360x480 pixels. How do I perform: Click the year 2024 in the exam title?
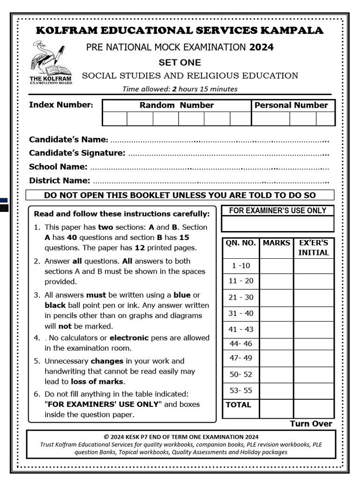click(262, 47)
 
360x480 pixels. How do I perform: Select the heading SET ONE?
click(180, 62)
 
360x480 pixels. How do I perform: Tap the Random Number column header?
click(176, 105)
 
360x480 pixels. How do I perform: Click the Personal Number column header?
click(291, 105)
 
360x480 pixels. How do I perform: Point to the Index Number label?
click(61, 105)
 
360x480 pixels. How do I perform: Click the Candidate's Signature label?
click(77, 153)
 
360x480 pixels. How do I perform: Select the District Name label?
click(60, 180)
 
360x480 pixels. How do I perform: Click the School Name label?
click(58, 167)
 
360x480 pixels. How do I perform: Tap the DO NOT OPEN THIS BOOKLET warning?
click(180, 195)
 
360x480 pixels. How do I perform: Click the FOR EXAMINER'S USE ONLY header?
click(277, 211)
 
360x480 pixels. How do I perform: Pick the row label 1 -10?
click(241, 266)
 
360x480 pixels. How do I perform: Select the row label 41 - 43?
click(241, 330)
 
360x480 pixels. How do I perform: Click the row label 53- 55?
click(241, 390)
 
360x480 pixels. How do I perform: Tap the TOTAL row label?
click(239, 405)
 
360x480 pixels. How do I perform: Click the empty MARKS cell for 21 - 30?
click(276, 298)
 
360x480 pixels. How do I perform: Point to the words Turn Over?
click(311, 424)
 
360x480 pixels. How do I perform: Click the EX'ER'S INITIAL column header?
click(314, 248)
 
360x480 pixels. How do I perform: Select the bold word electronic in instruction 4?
click(129, 338)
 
